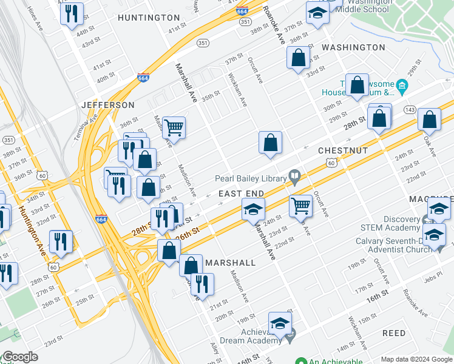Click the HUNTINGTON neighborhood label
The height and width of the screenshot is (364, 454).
[x=149, y=18]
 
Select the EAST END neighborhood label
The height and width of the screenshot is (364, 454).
[x=241, y=194]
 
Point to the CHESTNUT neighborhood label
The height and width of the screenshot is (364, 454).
[x=344, y=149]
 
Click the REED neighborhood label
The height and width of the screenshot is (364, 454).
[x=394, y=334]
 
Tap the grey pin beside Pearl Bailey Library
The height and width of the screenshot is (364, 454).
[x=295, y=177]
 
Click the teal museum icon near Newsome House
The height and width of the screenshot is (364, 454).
[x=401, y=84]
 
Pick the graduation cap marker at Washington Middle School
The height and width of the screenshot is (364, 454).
[x=317, y=13]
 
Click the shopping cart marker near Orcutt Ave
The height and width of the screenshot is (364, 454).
[x=300, y=205]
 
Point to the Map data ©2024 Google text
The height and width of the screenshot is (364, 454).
[x=416, y=359]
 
